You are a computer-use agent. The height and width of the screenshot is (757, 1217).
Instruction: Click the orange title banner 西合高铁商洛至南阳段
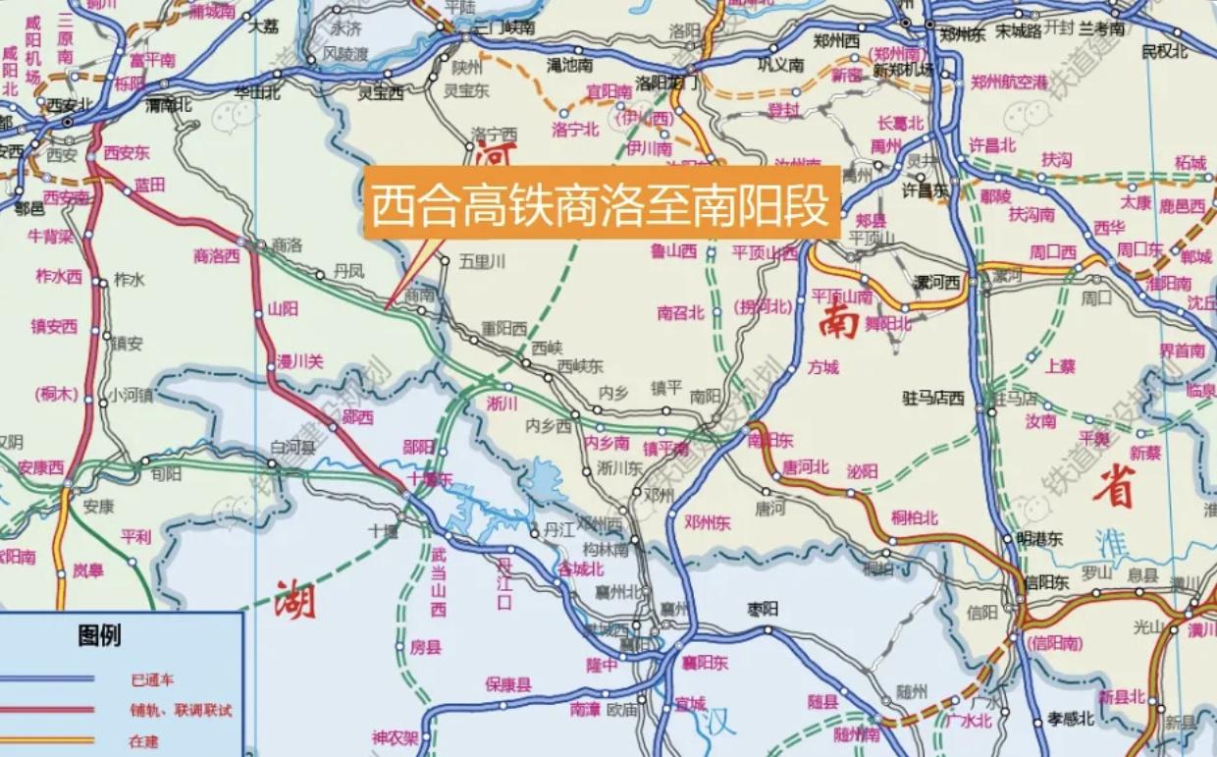602,203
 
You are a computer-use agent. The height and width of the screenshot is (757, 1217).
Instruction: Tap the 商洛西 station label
217,257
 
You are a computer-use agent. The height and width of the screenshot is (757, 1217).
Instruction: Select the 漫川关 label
299,361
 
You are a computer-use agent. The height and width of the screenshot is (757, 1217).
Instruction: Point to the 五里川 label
483,261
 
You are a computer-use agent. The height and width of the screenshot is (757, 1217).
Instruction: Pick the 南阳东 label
770,441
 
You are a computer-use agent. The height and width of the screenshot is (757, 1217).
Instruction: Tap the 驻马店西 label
933,399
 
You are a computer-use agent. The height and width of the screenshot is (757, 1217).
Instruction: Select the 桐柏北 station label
914,517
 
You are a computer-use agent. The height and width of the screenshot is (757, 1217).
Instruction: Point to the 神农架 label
396,738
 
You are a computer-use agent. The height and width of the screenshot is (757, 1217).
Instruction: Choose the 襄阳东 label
706,664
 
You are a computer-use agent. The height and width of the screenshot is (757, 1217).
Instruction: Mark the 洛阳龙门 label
666,82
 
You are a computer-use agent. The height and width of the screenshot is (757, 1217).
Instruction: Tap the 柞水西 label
59,276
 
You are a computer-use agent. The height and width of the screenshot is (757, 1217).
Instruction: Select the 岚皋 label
88,569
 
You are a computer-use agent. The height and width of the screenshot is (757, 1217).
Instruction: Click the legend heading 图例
100,636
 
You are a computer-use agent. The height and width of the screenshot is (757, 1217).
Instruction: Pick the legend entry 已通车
151,678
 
